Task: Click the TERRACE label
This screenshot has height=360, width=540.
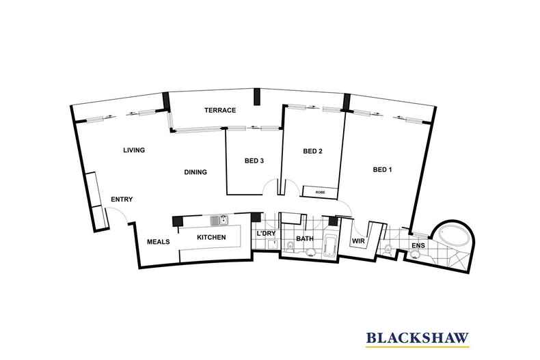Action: (219, 110)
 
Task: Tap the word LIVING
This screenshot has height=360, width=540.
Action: (134, 150)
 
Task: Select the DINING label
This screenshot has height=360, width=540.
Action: (195, 172)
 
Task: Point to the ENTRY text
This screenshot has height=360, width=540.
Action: (121, 199)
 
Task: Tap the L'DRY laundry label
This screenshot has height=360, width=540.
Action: (265, 235)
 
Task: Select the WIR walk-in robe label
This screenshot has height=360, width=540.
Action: (357, 242)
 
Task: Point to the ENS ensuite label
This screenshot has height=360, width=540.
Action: (418, 245)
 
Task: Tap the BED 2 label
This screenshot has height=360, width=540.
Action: (312, 152)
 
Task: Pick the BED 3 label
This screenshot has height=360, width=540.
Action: (254, 161)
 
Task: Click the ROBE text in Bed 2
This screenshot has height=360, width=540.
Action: (320, 193)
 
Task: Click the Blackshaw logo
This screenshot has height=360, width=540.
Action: (418, 337)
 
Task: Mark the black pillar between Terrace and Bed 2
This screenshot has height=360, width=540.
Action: (256, 97)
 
